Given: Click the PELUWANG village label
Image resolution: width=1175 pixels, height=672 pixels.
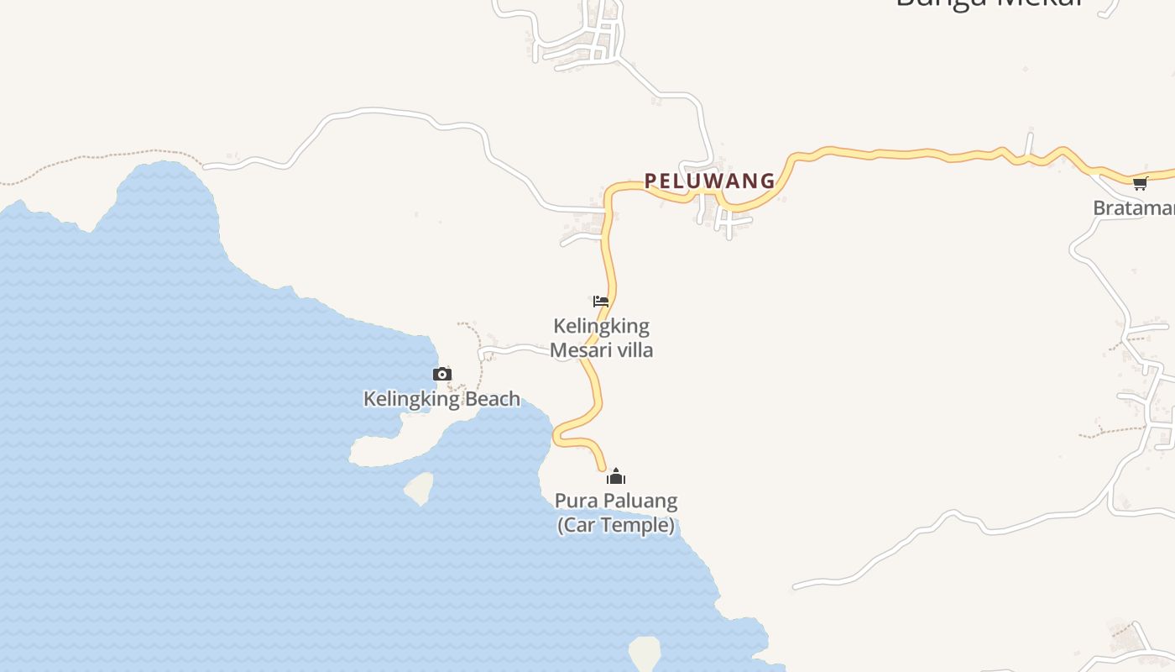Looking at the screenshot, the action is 709,181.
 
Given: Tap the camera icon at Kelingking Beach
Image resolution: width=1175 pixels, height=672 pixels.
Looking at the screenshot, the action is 442,375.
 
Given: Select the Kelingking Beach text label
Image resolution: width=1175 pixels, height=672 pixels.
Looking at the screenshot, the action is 441,399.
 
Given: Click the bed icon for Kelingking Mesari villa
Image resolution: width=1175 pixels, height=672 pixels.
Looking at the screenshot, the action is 600,302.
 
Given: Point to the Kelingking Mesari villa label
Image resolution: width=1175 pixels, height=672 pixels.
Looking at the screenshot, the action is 602,338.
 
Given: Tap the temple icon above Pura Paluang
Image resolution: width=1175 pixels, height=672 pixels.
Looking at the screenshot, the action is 616,477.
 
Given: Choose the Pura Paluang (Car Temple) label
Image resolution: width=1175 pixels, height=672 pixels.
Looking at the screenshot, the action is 616,513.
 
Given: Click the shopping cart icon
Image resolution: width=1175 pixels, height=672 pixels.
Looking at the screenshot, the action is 1140,183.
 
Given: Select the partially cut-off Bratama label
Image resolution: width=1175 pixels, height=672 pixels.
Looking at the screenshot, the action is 1133,207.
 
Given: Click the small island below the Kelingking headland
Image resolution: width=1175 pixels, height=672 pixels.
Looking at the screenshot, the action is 420,488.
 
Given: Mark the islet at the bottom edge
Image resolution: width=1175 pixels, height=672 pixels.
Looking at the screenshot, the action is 645,653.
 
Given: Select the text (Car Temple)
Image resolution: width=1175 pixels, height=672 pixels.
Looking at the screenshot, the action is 616,526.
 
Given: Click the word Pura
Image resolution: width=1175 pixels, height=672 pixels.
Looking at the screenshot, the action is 574,501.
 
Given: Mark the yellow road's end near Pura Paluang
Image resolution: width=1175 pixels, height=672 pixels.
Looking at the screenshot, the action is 603,466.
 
